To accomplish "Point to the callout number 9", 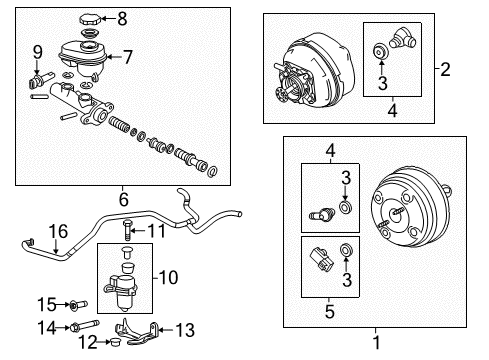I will point(37,51).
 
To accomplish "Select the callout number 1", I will point(376,341).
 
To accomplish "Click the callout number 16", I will point(58,231).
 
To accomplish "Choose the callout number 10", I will point(168,276).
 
